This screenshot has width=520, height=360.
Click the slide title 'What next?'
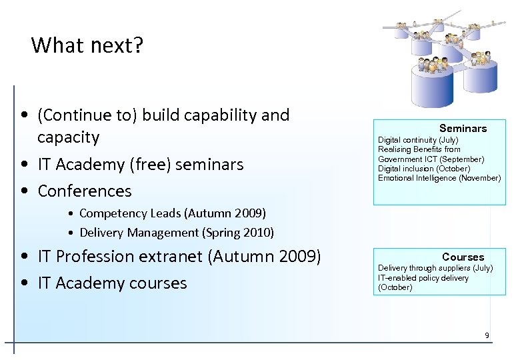87,45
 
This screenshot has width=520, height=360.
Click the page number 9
487,335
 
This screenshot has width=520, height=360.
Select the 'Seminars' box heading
463,128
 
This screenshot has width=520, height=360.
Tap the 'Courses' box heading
463,257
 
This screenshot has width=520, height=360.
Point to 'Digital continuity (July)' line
418,140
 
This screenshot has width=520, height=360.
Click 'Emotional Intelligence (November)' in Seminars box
439,178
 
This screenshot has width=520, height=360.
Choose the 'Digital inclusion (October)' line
423,169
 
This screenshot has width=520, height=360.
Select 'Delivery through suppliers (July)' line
435,268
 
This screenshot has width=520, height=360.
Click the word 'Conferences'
85,191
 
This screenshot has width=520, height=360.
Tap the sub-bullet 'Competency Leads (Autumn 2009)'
172,213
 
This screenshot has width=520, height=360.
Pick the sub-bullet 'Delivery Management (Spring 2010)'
176,233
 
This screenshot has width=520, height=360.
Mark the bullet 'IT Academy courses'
112,283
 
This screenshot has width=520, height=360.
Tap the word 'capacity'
69,137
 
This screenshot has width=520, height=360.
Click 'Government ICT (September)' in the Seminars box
431,159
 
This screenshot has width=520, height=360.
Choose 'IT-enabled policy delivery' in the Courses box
423,278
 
